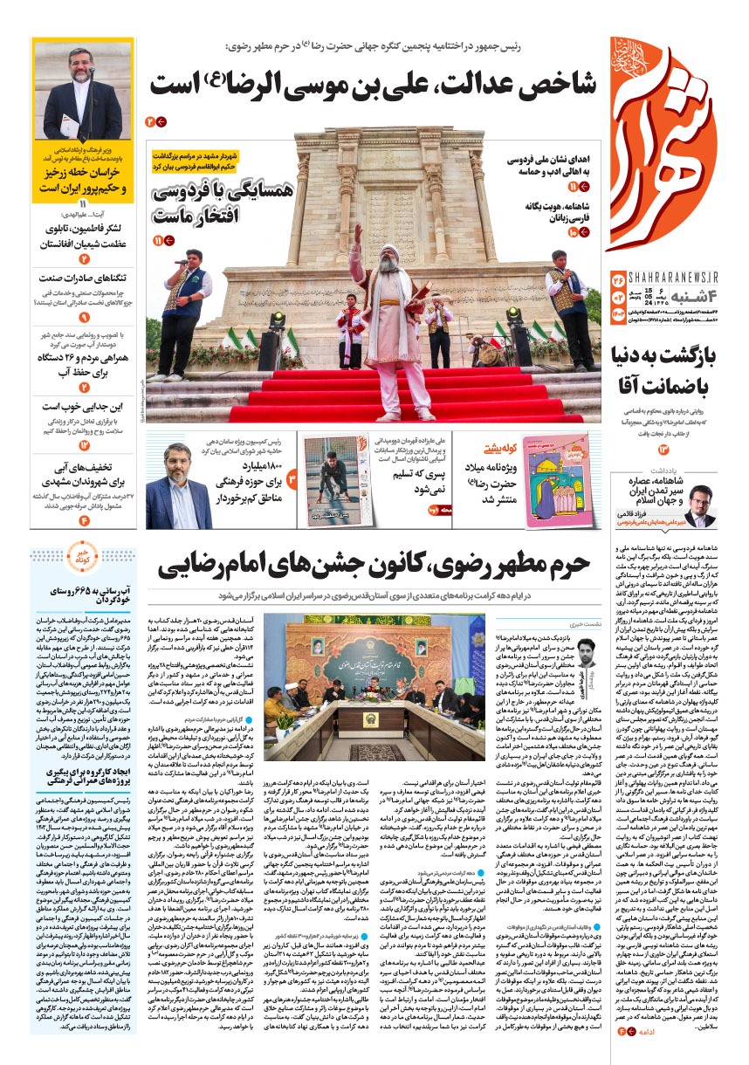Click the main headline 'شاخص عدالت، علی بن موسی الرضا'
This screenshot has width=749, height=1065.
(x=374, y=86)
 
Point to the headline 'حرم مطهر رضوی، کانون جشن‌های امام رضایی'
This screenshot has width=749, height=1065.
(x=374, y=565)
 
